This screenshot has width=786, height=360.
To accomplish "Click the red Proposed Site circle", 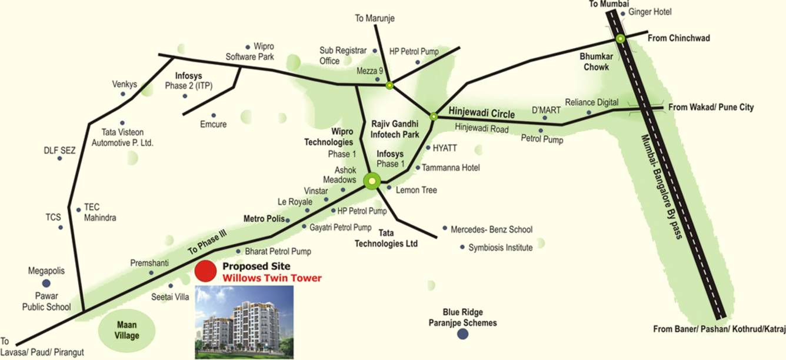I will (x=205, y=271).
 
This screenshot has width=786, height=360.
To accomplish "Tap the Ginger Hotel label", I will (x=650, y=12).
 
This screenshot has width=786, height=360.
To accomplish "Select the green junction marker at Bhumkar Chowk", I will (x=620, y=39).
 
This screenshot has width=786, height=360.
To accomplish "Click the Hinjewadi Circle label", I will (x=481, y=112).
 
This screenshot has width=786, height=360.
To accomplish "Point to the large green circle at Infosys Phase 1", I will (x=372, y=181).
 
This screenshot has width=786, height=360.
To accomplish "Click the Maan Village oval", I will (x=128, y=330).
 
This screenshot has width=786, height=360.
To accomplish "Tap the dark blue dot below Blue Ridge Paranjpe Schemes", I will (x=463, y=334).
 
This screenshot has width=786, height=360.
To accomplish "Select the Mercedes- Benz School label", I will (x=491, y=229).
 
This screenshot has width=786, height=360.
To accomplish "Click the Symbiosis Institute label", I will (x=500, y=248).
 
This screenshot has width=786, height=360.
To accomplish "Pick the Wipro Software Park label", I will (x=250, y=52).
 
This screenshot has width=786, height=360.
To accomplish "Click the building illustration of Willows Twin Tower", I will (x=244, y=322).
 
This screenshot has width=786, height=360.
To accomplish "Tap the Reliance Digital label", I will (x=591, y=102).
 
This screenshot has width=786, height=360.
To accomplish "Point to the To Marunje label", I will (x=374, y=19).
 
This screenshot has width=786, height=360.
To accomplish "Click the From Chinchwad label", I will (x=678, y=38).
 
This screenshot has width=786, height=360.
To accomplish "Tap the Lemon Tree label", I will (x=416, y=190).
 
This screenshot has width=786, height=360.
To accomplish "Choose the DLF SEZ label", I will (x=60, y=151).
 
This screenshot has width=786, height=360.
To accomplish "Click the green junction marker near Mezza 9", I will (x=389, y=85).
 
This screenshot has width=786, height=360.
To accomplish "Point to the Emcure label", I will (x=213, y=124).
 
